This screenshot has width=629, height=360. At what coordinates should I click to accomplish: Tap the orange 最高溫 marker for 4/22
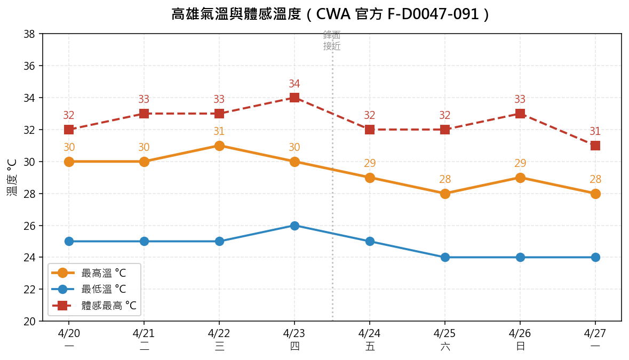click(x=219, y=146)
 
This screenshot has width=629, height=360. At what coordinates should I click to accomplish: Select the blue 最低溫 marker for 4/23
click(x=294, y=226)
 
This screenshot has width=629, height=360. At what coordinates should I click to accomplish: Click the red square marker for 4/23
click(x=294, y=98)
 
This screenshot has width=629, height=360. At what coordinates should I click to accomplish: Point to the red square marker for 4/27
click(x=595, y=146)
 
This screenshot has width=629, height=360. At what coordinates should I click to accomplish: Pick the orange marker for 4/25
click(x=445, y=194)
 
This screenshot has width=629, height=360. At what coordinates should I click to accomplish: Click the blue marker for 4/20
click(x=69, y=242)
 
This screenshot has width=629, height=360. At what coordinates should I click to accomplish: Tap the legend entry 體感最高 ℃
click(x=109, y=306)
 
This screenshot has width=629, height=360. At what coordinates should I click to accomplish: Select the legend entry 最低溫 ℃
click(x=103, y=290)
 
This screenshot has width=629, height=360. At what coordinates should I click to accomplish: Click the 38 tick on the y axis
click(x=29, y=34)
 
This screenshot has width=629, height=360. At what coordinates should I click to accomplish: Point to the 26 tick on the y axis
click(x=29, y=226)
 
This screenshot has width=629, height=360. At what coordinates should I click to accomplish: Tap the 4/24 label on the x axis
click(x=370, y=334)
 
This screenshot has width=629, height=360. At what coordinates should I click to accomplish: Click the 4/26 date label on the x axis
click(x=520, y=334)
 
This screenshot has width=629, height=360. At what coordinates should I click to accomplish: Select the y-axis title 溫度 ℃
click(x=12, y=177)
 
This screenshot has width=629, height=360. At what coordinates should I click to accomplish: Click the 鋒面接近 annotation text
click(x=332, y=41)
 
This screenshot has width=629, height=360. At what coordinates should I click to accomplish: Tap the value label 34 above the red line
click(x=294, y=84)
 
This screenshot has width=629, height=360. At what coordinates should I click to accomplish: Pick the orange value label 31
click(x=219, y=132)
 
